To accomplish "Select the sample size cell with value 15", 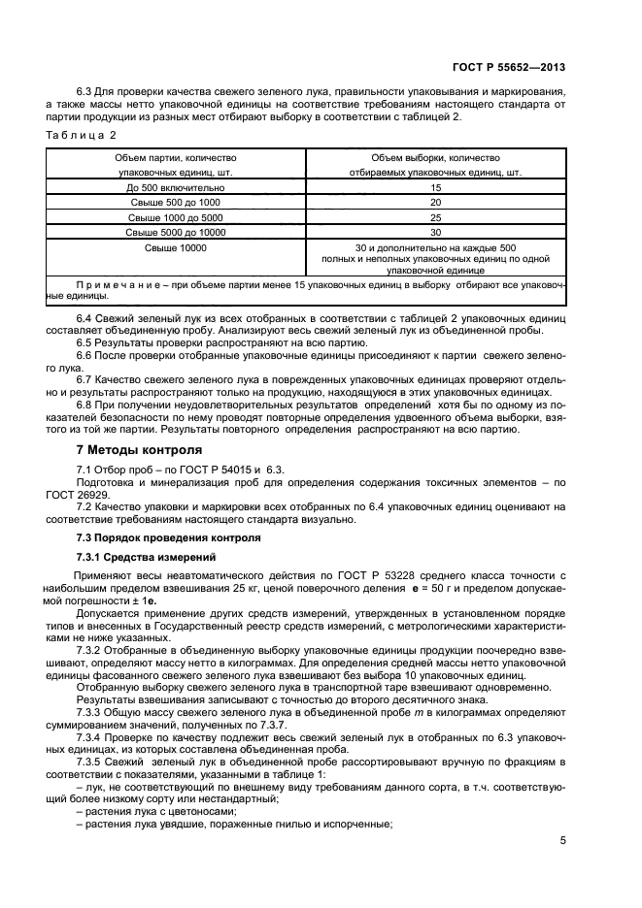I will coord(435,187).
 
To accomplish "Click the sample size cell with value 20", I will coord(435,203).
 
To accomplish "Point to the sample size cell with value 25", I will coord(435,217).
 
